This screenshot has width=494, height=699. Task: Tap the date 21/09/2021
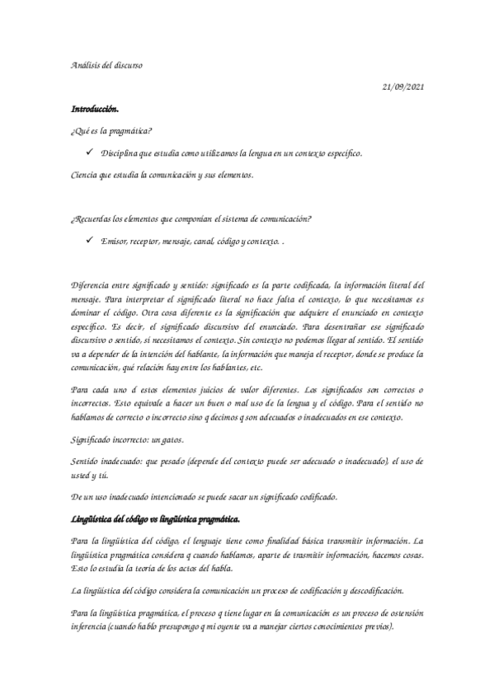pos(404,87)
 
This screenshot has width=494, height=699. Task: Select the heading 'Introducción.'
pos(96,109)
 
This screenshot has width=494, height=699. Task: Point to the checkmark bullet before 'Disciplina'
pos(87,153)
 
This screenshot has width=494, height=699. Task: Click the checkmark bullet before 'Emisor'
pos(87,240)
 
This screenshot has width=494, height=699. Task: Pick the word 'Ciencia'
pos(85,176)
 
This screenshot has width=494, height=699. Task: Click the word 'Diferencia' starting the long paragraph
pos(92,284)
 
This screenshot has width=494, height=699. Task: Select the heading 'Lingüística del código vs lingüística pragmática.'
pos(155,518)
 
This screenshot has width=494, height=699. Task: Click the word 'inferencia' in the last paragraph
pos(90,625)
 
